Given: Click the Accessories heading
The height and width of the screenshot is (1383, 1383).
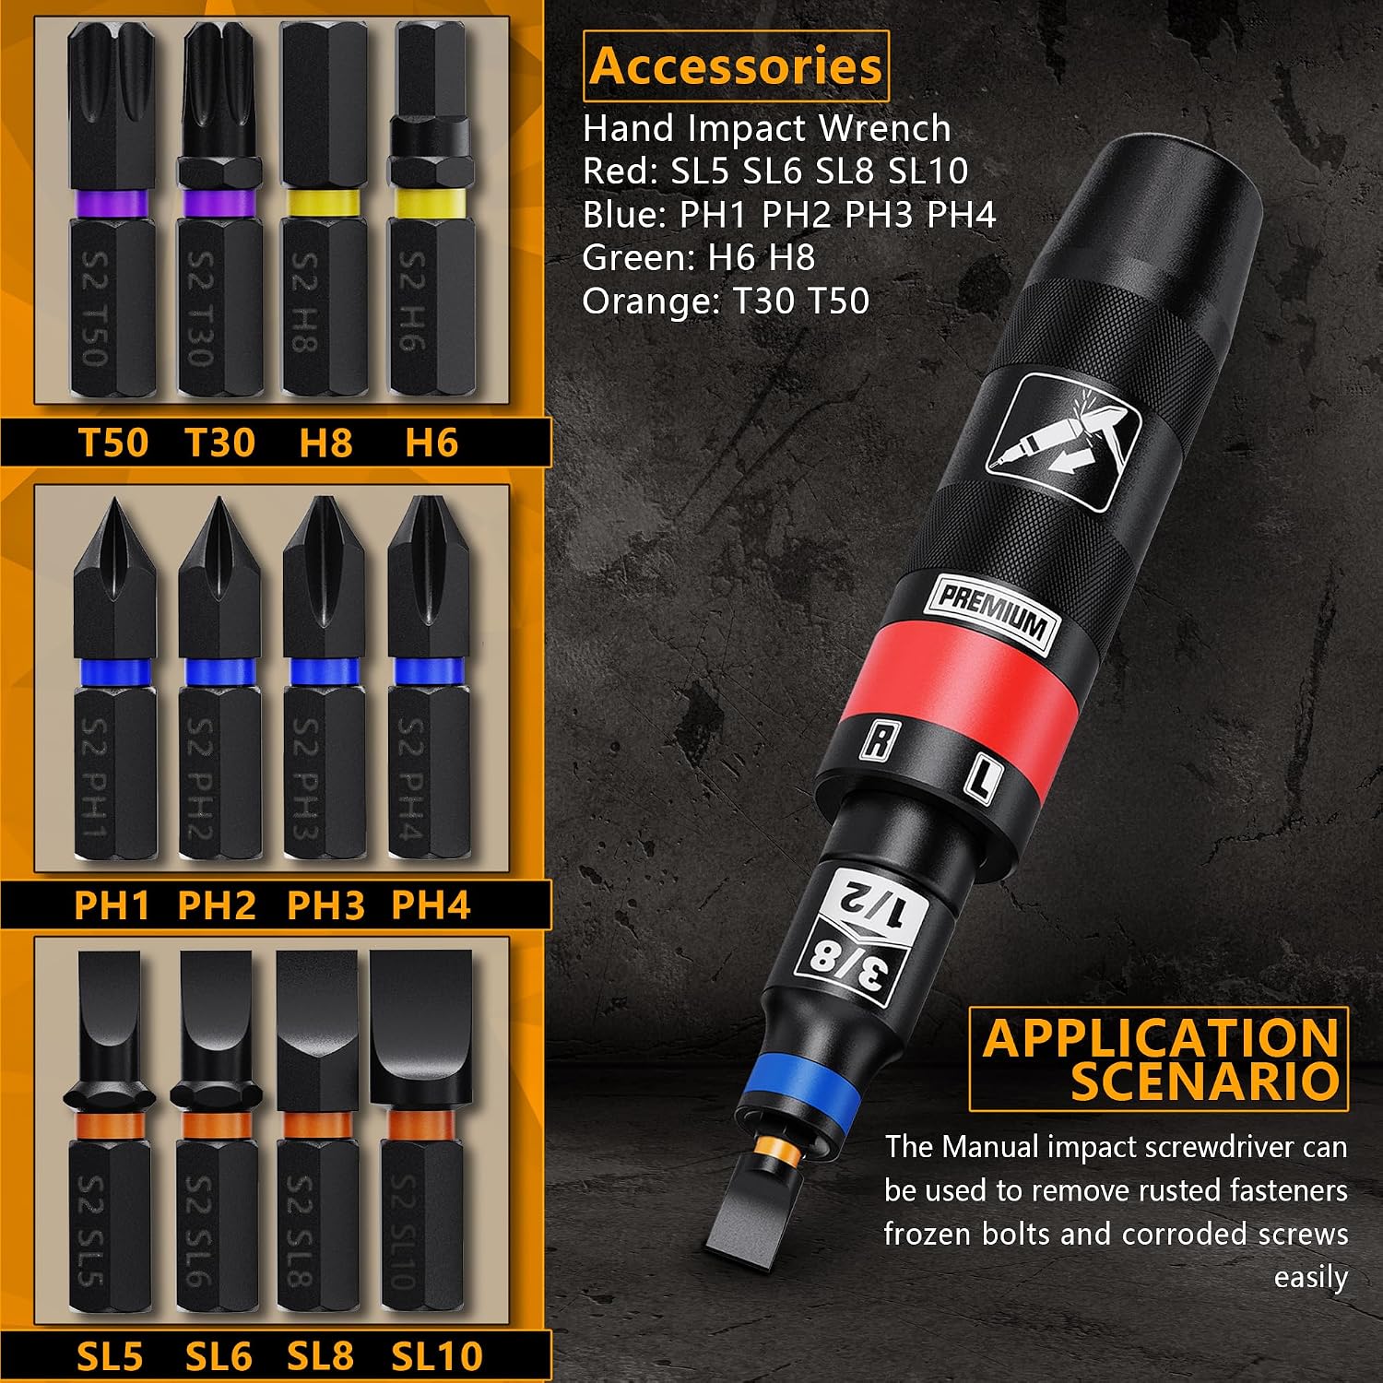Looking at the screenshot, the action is pos(736,66).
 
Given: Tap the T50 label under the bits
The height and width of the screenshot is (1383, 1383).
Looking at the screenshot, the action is pos(113,443).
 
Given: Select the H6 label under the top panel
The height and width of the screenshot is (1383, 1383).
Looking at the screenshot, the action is pos(431,443).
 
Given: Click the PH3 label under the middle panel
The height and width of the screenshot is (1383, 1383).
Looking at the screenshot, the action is pos(325,905).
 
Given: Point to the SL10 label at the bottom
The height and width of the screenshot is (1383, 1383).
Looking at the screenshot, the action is pos(437,1356).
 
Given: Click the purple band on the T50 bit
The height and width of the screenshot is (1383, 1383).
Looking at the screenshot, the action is pos(112,204).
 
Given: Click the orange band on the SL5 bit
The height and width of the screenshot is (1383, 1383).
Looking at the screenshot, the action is pos(109,1126).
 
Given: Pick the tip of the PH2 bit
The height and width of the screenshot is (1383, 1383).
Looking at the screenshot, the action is pos(219,501).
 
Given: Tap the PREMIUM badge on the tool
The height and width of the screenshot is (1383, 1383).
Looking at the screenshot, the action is pos(992,613).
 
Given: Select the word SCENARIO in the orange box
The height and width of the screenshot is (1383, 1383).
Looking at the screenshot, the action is pos(1204,1081).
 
